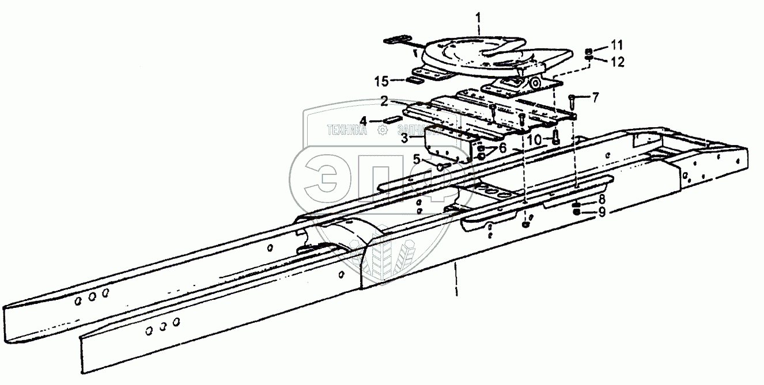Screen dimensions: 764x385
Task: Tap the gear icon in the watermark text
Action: click(x=381, y=131)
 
